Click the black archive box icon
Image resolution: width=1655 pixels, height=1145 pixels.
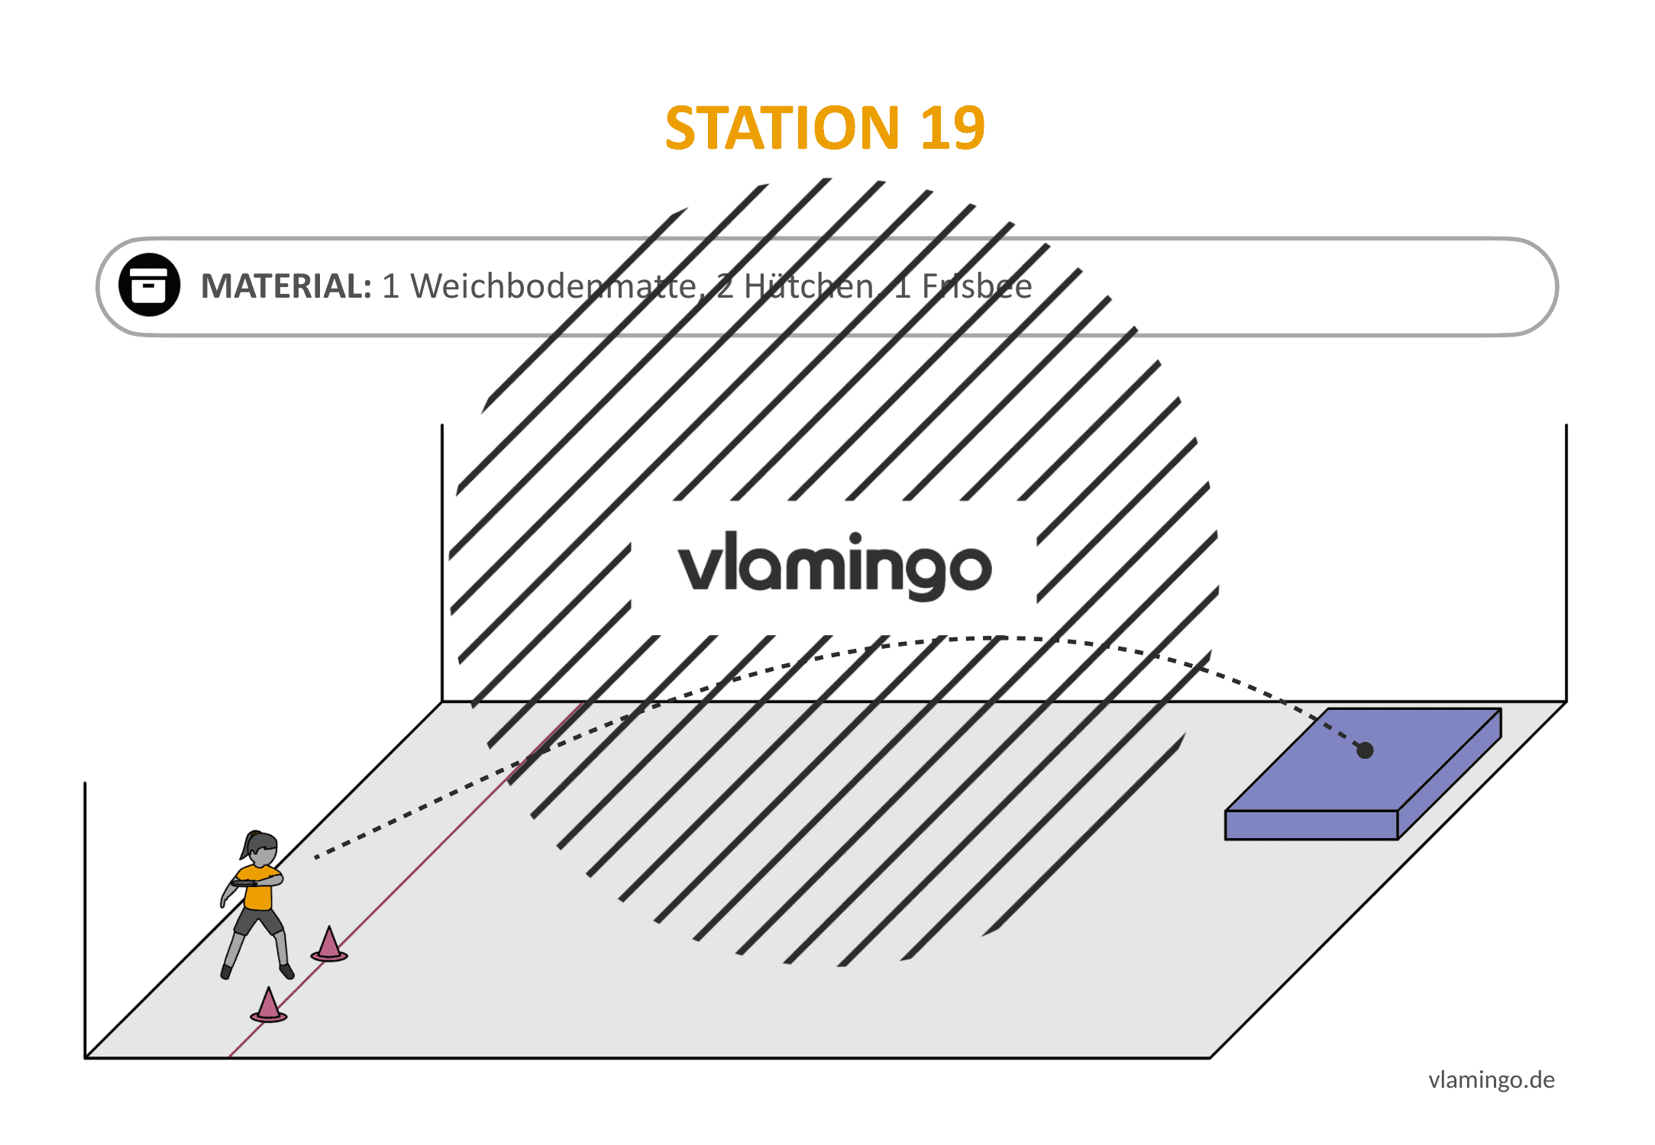[x=149, y=285]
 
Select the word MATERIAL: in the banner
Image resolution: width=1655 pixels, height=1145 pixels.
[x=286, y=286]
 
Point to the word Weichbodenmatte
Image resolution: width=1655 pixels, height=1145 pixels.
[x=553, y=286]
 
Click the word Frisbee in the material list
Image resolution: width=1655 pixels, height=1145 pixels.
[x=977, y=286]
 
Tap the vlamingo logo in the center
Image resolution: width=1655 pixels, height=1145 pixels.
[x=835, y=566]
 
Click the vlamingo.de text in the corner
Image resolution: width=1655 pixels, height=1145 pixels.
[x=1492, y=1079]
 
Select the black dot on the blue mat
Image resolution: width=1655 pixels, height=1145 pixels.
[x=1365, y=750]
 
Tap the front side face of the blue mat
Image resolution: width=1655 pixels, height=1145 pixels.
[x=1311, y=825]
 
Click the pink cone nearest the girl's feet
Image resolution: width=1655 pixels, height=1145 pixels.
[x=329, y=945]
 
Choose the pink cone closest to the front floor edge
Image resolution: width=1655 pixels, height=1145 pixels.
[x=268, y=1005]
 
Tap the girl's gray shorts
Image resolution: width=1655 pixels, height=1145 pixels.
[x=258, y=921]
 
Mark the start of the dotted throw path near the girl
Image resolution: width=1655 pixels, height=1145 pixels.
[x=316, y=857]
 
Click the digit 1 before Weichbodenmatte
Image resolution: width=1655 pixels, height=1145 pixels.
[x=390, y=286]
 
